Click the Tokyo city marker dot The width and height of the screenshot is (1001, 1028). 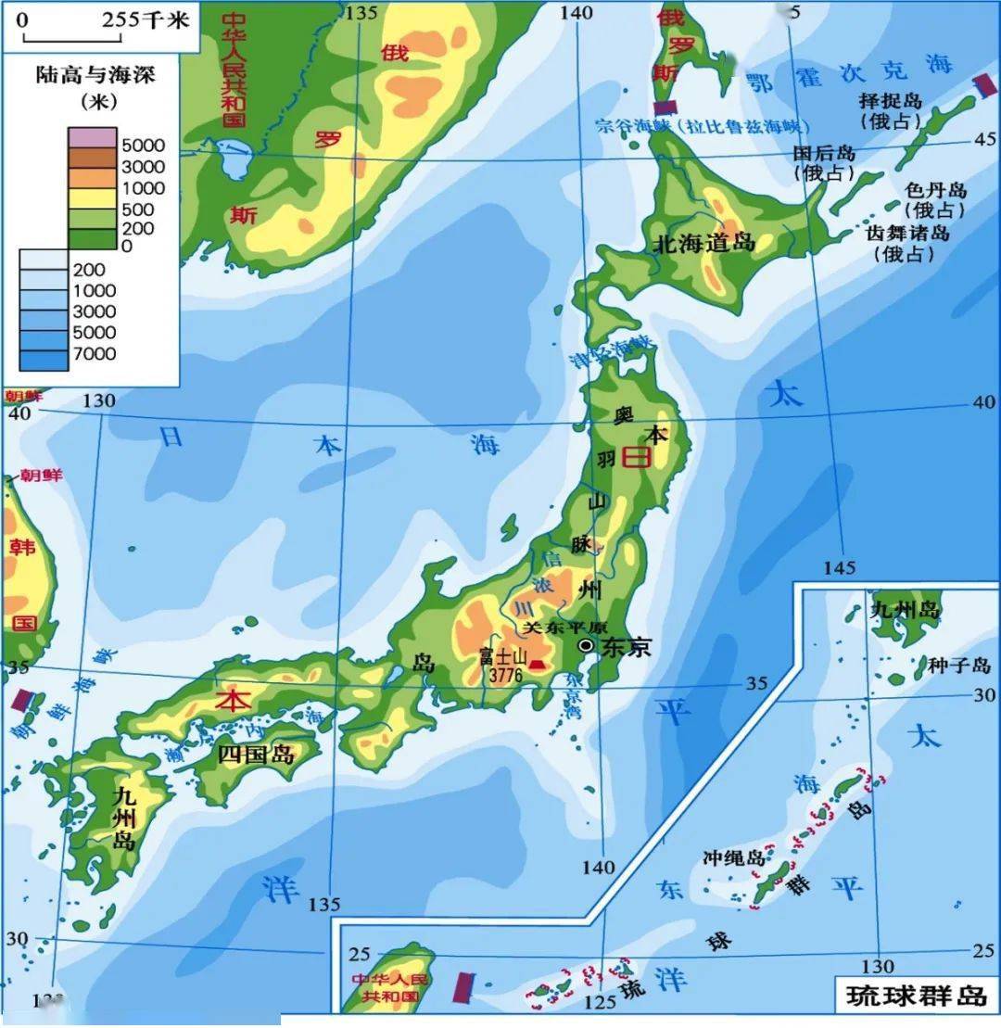tap(586, 645)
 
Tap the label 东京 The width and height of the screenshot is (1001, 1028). tap(626, 647)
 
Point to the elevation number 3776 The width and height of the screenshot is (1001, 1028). tap(501, 676)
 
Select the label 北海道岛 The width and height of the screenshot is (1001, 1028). tap(703, 244)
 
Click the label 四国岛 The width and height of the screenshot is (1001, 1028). tap(256, 754)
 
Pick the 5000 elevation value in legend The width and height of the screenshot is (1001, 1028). tap(144, 146)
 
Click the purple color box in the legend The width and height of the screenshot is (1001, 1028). tap(92, 137)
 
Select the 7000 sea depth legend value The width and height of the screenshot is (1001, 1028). tap(95, 354)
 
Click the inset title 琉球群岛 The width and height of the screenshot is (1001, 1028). tap(916, 996)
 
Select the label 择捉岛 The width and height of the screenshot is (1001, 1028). tap(890, 102)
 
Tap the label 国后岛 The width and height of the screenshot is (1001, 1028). tap(824, 154)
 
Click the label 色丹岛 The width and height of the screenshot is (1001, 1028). tap(935, 190)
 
